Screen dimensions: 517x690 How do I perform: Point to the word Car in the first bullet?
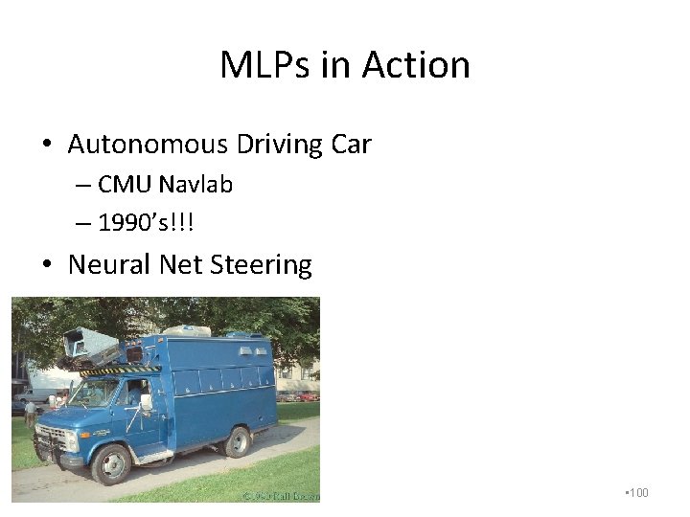click(x=351, y=145)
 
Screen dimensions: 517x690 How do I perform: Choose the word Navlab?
click(x=195, y=184)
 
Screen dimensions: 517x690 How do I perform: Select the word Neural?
click(x=109, y=264)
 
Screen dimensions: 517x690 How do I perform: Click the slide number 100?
click(x=637, y=493)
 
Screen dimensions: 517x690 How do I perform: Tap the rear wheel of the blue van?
click(x=235, y=440)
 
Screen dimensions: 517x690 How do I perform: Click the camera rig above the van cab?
click(x=91, y=345)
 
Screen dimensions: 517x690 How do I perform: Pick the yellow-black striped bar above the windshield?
click(x=120, y=371)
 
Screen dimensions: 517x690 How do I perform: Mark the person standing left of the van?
click(x=31, y=413)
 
